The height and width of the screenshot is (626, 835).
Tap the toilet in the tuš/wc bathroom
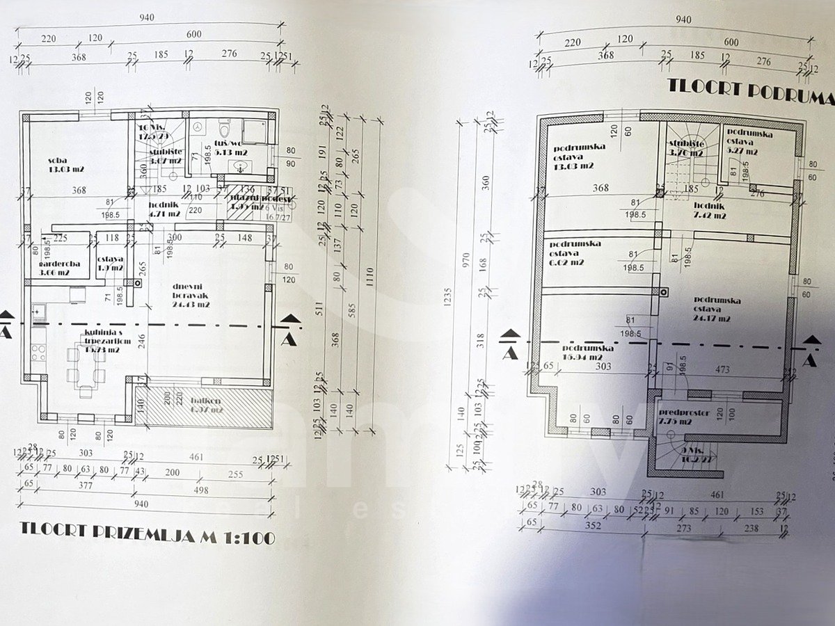224,129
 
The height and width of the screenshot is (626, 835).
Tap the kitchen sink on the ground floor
38,310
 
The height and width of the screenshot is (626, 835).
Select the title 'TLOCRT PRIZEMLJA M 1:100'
146,537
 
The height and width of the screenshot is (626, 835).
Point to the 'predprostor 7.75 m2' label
685,416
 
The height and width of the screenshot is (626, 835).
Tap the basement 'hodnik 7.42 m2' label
709,210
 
